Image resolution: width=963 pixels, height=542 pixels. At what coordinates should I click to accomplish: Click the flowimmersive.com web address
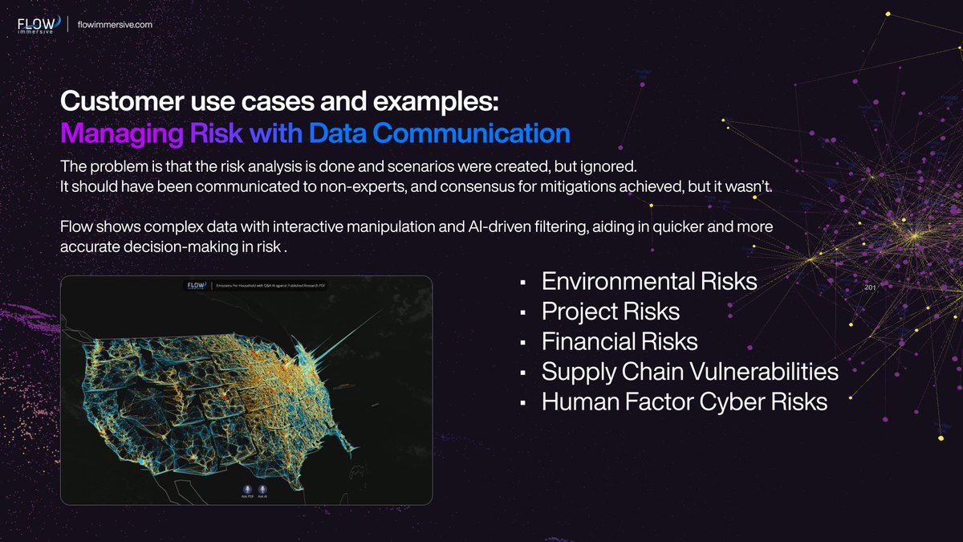115,24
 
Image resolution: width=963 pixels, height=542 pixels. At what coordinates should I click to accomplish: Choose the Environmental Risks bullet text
649,282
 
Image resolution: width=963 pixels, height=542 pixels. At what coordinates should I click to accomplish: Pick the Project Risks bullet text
611,312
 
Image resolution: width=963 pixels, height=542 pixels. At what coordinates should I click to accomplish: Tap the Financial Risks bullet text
620,341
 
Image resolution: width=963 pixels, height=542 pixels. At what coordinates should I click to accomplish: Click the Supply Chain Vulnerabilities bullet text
689,372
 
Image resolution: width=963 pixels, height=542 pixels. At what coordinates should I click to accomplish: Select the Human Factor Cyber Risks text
684,401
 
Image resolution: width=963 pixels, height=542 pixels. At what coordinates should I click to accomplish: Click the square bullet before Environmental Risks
522,283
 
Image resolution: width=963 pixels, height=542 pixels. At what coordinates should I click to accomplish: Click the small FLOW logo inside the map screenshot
196,285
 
